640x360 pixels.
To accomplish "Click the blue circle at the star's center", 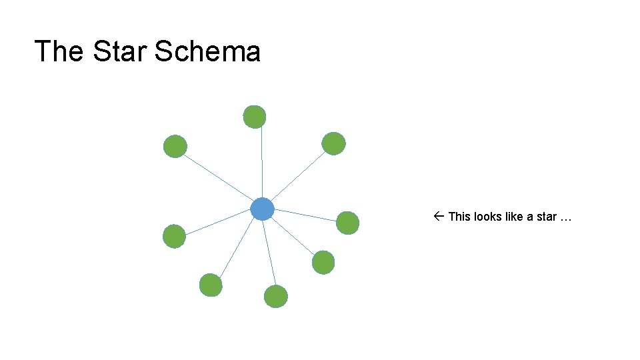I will [263, 209].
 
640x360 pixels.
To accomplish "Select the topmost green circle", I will [254, 117].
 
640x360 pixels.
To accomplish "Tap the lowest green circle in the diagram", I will [276, 296].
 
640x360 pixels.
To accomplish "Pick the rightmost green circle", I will [347, 223].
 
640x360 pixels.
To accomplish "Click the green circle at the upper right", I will [333, 143].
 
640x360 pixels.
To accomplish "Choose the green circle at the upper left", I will [175, 146].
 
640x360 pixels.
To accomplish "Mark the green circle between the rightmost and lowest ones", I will [323, 262].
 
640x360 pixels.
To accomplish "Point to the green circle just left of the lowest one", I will [211, 285].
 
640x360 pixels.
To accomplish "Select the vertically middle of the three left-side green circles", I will [175, 236].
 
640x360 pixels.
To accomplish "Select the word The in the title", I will [59, 51].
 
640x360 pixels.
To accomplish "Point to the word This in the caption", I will [459, 217].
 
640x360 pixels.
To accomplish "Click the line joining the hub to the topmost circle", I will [261, 163].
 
